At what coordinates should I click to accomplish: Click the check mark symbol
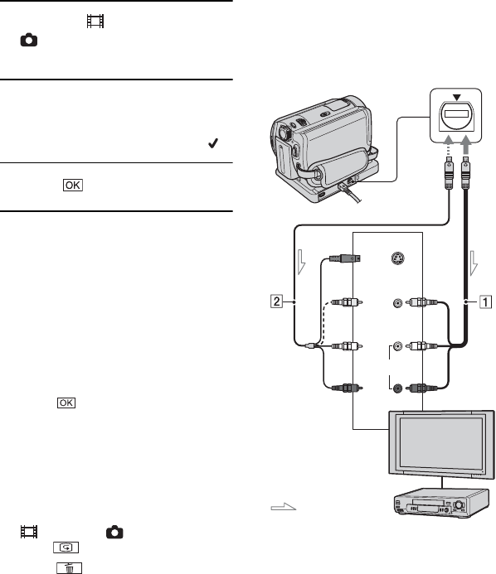click(x=213, y=143)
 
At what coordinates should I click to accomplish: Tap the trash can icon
click(x=70, y=567)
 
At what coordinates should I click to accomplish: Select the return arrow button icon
click(x=66, y=547)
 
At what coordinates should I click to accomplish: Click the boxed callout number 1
click(x=486, y=302)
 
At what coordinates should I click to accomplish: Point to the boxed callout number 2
click(x=277, y=301)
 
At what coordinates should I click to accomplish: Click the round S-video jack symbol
click(x=398, y=258)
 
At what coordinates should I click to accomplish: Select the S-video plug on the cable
click(x=344, y=258)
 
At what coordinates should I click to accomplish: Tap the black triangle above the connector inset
click(x=456, y=98)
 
